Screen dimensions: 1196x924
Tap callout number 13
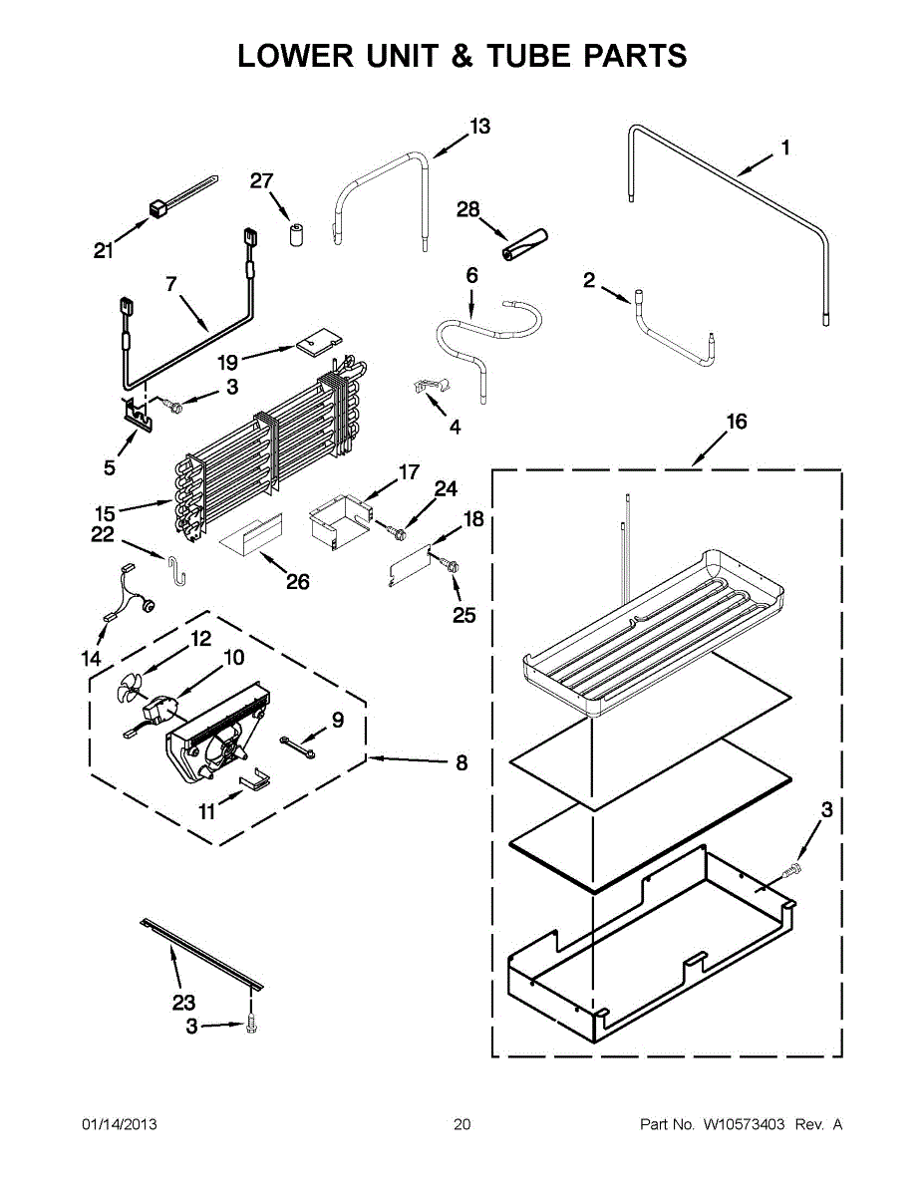point(480,127)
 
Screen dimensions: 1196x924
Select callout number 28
point(467,209)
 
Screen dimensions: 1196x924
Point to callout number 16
point(736,423)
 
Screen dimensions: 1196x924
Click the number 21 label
point(104,252)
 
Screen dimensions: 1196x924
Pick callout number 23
point(184,1003)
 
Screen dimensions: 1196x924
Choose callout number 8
point(461,763)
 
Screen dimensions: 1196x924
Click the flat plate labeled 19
point(315,344)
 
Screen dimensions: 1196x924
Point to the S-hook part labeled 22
point(175,571)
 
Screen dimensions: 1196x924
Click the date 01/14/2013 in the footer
point(119,1124)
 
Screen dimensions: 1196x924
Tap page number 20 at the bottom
point(462,1124)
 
